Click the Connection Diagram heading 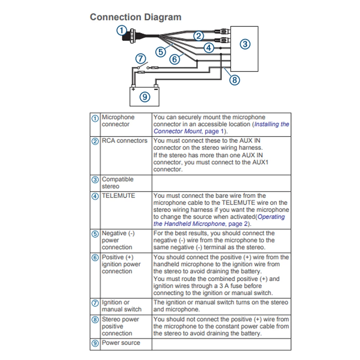click(135, 17)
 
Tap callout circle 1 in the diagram click(122, 30)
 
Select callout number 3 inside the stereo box click(245, 44)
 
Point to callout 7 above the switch click(141, 58)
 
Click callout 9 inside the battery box click(145, 96)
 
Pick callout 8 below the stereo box click(234, 80)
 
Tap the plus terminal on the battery click(134, 87)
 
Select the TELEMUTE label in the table click(118, 196)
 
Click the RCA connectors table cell click(125, 141)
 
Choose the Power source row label click(121, 343)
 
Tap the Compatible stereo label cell click(117, 183)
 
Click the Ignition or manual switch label click(121, 306)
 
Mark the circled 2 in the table click(95, 141)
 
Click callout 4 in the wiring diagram click(208, 47)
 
